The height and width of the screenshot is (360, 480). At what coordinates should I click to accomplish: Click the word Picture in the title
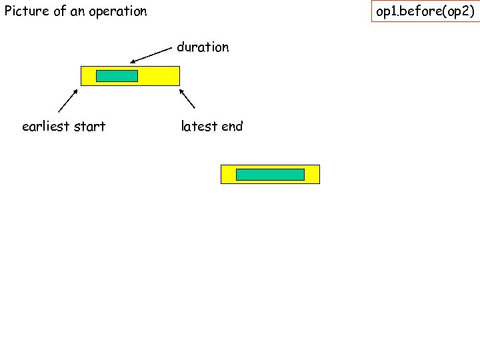click(x=24, y=11)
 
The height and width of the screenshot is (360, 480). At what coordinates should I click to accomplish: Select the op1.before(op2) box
click(x=425, y=11)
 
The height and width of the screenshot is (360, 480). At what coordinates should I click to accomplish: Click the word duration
click(x=203, y=47)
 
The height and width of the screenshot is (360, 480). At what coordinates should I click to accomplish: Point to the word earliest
click(x=46, y=127)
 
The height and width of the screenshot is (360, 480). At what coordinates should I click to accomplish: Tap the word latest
click(x=199, y=127)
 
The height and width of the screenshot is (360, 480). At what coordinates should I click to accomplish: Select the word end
click(x=232, y=127)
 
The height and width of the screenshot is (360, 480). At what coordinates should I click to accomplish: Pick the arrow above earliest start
click(x=69, y=100)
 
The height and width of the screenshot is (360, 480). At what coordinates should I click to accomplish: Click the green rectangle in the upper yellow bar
click(x=117, y=76)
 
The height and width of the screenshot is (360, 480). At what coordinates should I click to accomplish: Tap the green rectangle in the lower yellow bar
click(x=270, y=175)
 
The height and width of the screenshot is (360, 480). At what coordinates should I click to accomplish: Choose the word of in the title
click(x=59, y=11)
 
